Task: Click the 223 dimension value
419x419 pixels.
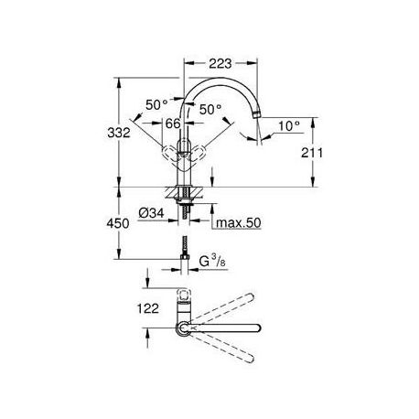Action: pyautogui.click(x=220, y=63)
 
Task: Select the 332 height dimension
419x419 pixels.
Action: pyautogui.click(x=119, y=133)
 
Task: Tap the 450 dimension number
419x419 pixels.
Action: pyautogui.click(x=118, y=223)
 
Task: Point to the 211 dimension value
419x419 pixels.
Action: pyautogui.click(x=312, y=153)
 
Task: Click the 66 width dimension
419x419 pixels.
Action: pyautogui.click(x=173, y=124)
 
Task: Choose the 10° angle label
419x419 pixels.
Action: pyautogui.click(x=289, y=125)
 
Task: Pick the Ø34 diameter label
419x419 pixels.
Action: pyautogui.click(x=151, y=213)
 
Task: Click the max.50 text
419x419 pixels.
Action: pyautogui.click(x=239, y=223)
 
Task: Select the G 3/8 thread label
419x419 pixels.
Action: pyautogui.click(x=212, y=262)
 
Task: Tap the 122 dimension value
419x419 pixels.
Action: pyautogui.click(x=148, y=308)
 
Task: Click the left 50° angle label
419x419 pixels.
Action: pyautogui.click(x=156, y=105)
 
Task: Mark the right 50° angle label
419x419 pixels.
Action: pyautogui.click(x=210, y=109)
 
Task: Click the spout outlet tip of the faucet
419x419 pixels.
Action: pyautogui.click(x=257, y=115)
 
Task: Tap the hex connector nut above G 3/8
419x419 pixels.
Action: pyautogui.click(x=185, y=257)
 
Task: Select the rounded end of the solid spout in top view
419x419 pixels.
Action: pyautogui.click(x=257, y=328)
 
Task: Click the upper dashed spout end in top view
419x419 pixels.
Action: pyautogui.click(x=251, y=296)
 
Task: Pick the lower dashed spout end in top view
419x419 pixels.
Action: pyautogui.click(x=251, y=360)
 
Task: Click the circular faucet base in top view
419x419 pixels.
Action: pyautogui.click(x=184, y=328)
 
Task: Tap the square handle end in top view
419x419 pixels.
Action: pyautogui.click(x=184, y=295)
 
